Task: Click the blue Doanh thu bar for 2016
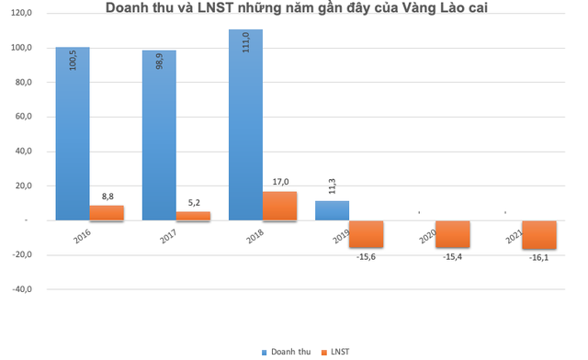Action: click(72, 133)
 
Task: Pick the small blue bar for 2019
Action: click(332, 210)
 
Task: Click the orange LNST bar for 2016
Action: click(107, 213)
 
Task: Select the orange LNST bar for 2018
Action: click(280, 206)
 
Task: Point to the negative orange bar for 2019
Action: click(367, 233)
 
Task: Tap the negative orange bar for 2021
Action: click(539, 234)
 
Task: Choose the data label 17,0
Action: click(280, 182)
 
